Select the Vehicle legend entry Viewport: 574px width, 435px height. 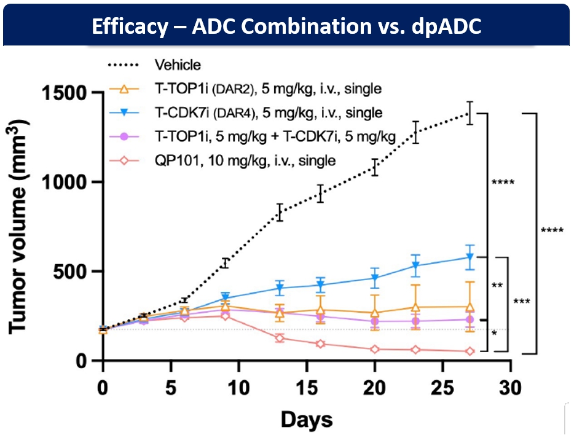point(178,65)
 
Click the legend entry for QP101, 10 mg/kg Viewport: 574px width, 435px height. point(245,161)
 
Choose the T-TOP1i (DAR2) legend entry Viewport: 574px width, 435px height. point(268,89)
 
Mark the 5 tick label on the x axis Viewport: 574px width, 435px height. point(170,388)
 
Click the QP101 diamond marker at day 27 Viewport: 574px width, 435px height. point(470,351)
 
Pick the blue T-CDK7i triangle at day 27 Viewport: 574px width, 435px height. point(470,257)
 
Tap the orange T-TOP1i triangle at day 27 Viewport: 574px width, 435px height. point(470,307)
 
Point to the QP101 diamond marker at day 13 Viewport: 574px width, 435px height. point(280,338)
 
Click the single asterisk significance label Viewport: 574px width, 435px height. point(494,334)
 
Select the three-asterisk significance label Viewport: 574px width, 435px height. point(523,302)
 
